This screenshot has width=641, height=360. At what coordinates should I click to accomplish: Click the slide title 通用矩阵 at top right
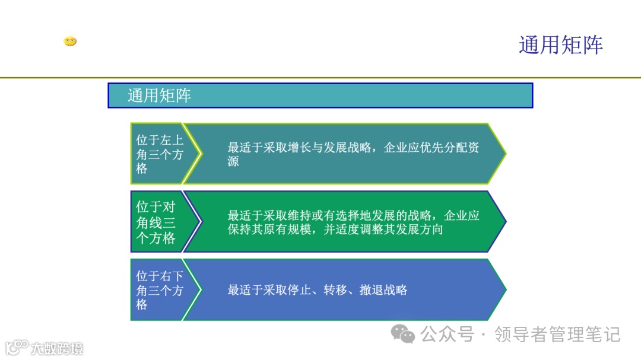tap(560, 45)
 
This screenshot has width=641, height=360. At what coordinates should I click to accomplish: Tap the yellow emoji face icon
tap(70, 42)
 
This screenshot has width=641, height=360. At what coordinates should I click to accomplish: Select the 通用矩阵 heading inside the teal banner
tap(159, 95)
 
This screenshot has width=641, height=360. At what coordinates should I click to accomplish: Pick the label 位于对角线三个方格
tap(156, 222)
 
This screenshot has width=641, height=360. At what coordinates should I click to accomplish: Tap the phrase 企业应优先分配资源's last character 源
tap(233, 161)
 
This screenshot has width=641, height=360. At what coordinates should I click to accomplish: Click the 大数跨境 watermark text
tap(57, 348)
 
